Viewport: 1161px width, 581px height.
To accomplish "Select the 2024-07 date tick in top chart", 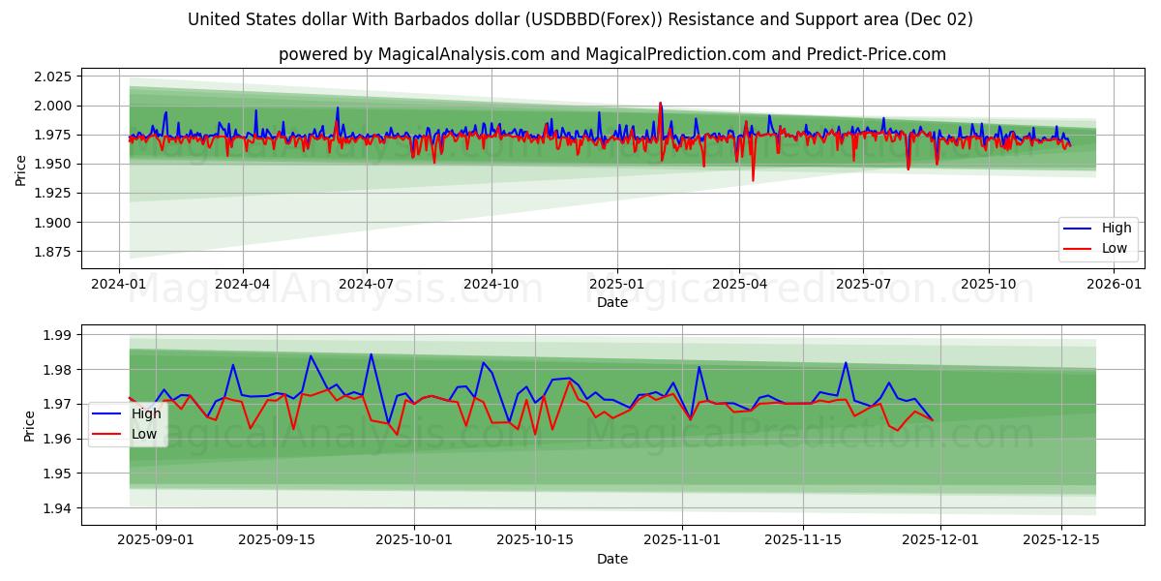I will pyautogui.click(x=367, y=285).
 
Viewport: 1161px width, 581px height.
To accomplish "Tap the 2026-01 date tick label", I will pyautogui.click(x=1114, y=285).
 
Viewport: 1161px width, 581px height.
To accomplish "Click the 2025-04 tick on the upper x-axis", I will pyautogui.click(x=739, y=285).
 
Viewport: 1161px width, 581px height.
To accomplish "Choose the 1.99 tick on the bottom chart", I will pyautogui.click(x=57, y=335).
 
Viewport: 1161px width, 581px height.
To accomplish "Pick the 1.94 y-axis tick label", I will pyautogui.click(x=57, y=508).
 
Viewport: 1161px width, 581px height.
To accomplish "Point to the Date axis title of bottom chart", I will pyautogui.click(x=611, y=559).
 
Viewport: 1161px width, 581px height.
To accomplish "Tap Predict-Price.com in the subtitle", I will pyautogui.click(x=880, y=54).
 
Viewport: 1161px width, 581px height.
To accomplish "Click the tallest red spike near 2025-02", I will pyautogui.click(x=660, y=103).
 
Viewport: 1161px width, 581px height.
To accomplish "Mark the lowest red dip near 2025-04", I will pyautogui.click(x=753, y=180).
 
